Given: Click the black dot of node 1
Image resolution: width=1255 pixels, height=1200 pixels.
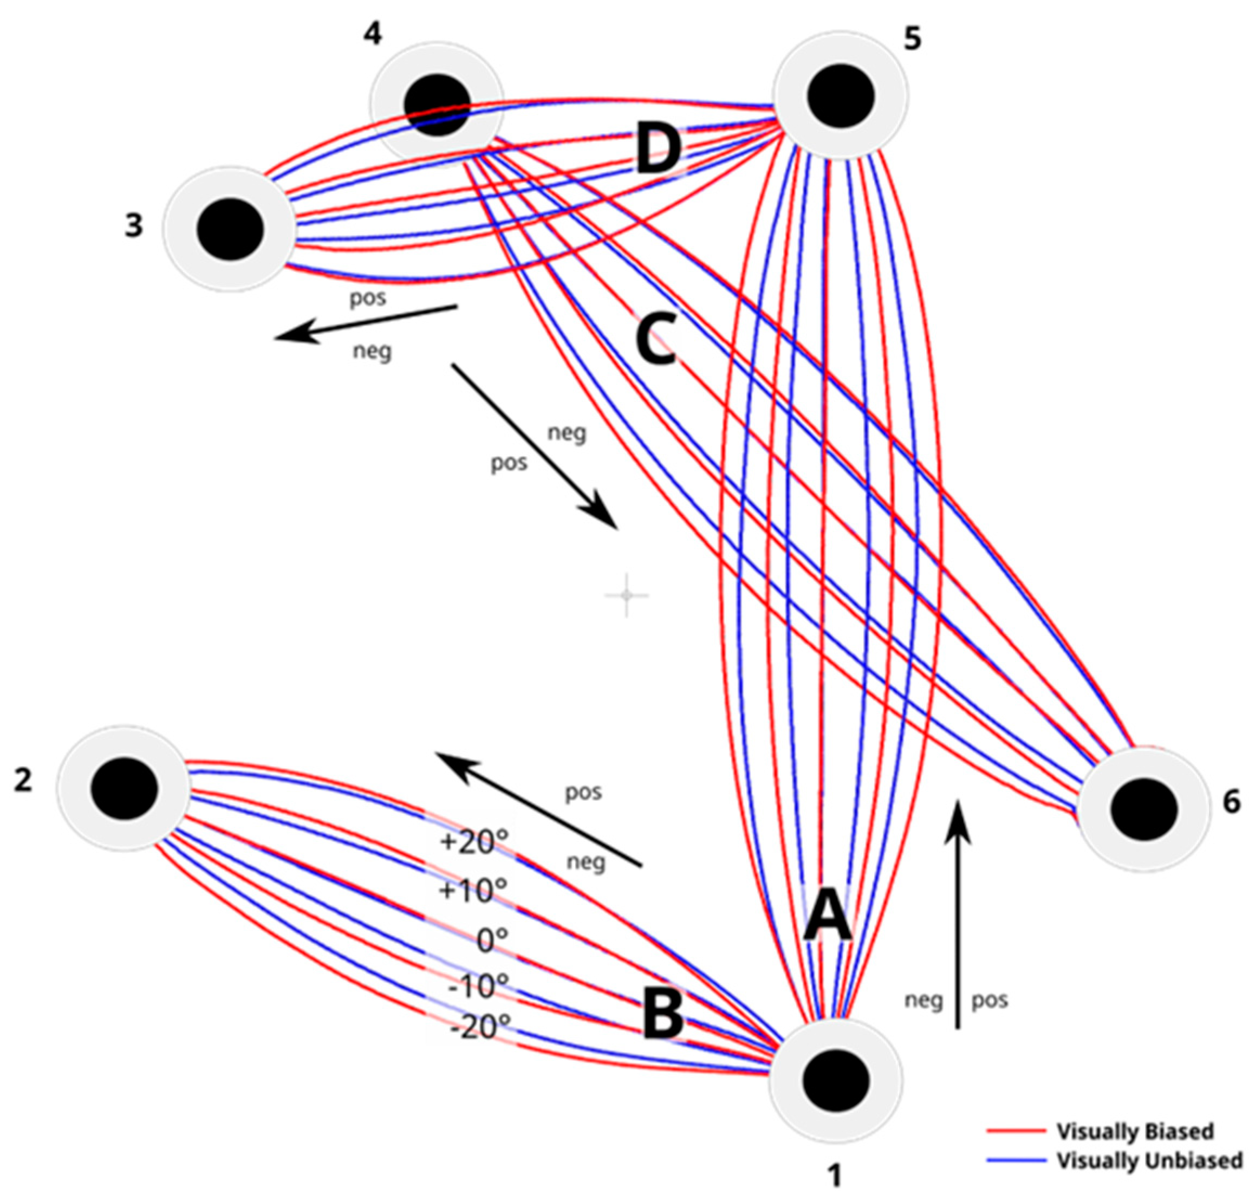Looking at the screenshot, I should pos(835,1080).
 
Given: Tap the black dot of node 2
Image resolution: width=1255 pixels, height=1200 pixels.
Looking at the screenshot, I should pos(124,789).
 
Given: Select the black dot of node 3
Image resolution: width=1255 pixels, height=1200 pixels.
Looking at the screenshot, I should pos(230,229).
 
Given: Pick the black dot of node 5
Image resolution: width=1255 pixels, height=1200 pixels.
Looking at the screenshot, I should pos(841,96).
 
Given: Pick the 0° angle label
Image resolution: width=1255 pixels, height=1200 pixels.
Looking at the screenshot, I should pos(492,940).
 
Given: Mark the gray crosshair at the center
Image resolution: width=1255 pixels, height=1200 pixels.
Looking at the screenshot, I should pos(626,595).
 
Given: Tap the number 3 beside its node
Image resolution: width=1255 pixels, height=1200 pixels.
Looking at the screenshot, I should pos(134,225).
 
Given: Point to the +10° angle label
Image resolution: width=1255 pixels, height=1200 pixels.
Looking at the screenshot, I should pos(473,891).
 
